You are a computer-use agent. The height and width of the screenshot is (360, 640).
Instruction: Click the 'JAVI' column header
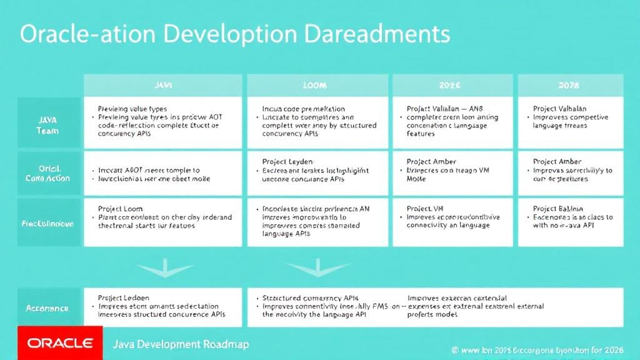162,85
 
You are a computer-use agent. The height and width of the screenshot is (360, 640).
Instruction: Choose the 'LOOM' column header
315,85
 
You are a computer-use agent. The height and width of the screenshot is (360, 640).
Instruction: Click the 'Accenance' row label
48,308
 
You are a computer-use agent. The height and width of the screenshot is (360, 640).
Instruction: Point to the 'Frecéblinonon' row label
48,222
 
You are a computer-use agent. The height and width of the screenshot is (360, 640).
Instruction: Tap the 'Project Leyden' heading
288,161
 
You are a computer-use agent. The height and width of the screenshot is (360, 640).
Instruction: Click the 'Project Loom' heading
121,208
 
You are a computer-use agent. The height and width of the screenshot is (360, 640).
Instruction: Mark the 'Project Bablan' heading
558,208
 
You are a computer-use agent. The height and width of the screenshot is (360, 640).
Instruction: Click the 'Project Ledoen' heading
124,298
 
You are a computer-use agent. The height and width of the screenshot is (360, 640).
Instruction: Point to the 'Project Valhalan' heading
560,108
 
